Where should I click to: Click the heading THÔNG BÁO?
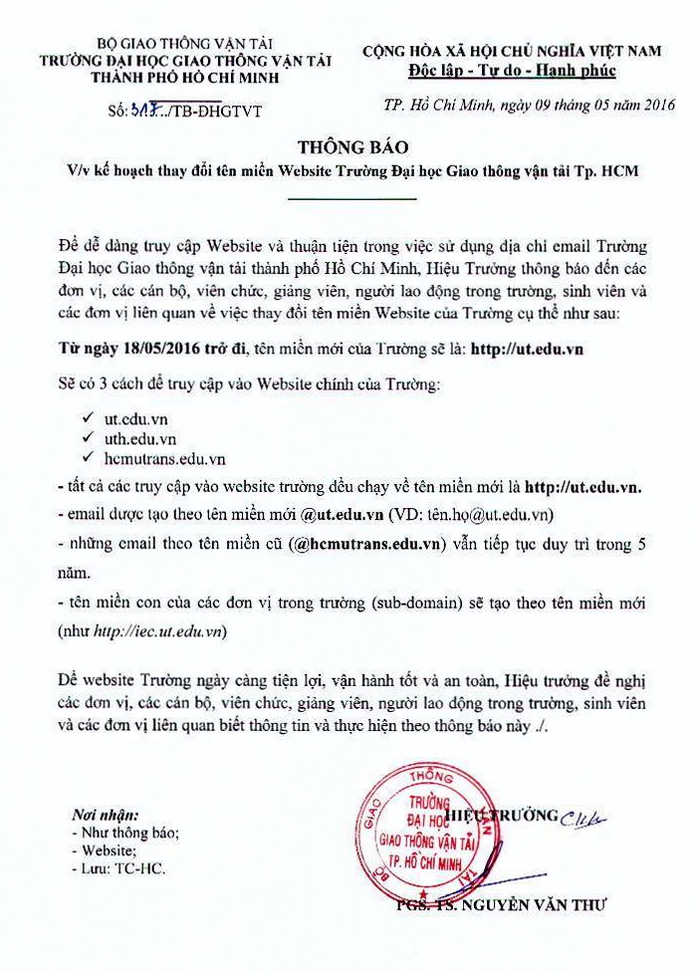click(348, 146)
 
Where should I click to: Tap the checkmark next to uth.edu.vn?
click(90, 438)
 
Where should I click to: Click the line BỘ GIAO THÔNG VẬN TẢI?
click(159, 45)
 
